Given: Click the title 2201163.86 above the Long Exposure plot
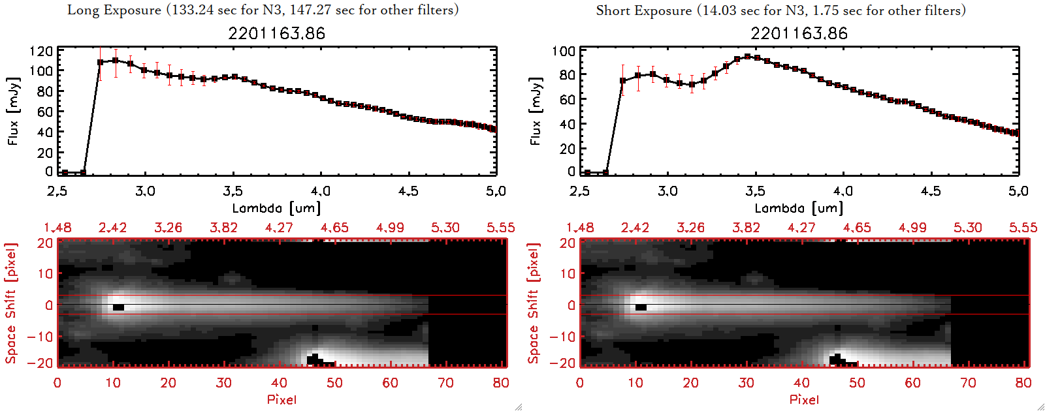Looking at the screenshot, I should click(276, 33).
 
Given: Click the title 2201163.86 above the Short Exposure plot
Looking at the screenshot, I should click(799, 33).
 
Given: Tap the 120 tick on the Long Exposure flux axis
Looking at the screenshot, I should click(41, 51).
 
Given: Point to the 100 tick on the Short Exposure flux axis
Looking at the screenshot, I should click(564, 51).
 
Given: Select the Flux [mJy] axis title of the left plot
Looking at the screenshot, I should click(14, 112).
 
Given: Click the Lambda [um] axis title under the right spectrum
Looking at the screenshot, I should click(799, 208).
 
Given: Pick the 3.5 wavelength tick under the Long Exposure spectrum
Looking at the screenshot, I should click(233, 191).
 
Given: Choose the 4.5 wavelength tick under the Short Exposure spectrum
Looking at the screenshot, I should click(931, 191).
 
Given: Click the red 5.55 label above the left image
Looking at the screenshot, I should click(500, 228).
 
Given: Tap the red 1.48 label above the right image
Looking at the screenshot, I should click(580, 228).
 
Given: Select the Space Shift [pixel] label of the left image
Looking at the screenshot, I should click(11, 303).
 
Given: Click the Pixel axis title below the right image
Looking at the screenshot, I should click(804, 399).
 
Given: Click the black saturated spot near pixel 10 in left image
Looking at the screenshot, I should click(118, 307).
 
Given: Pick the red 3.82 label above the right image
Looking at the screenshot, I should click(746, 228).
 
